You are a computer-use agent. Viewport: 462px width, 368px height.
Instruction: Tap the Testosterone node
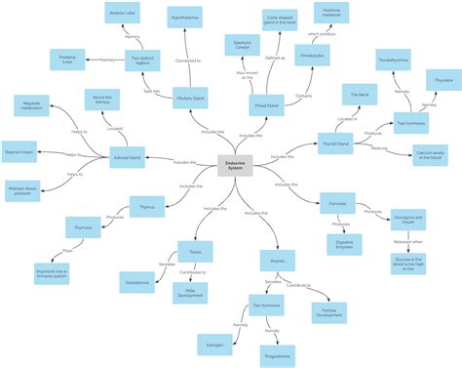pyautogui.click(x=136, y=281)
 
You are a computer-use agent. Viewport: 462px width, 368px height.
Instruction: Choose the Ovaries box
pyautogui.click(x=278, y=260)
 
